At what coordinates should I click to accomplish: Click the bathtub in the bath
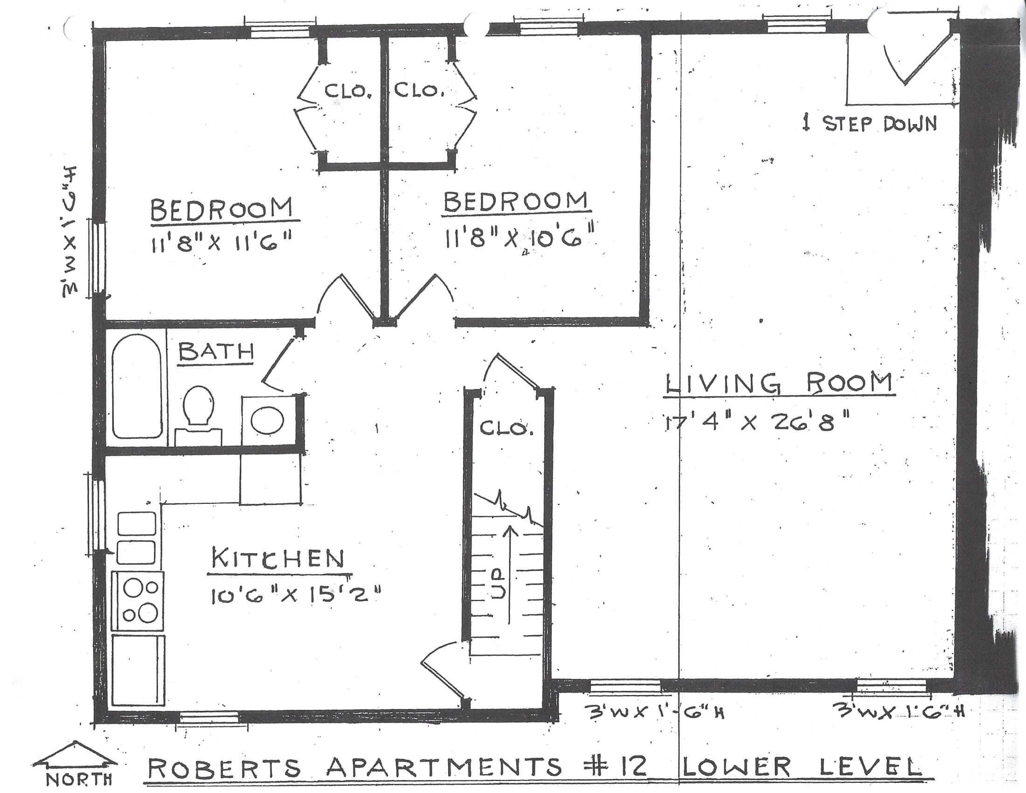coord(137,386)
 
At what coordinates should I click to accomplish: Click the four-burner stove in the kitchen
coord(138,601)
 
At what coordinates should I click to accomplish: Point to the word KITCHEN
coord(277,558)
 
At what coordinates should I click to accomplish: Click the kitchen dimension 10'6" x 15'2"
coord(294,597)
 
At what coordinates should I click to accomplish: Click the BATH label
coord(216,351)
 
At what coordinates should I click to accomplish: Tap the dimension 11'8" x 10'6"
coord(519,238)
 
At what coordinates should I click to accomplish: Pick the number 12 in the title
coord(631,767)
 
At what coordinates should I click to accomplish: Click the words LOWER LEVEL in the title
coord(800,766)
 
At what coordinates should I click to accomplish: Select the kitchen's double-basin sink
coord(136,538)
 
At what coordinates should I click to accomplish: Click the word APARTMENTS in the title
coord(444,767)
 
